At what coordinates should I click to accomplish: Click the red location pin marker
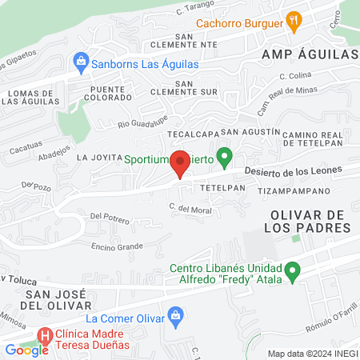click(181, 163)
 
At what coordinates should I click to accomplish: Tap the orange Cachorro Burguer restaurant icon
click(294, 22)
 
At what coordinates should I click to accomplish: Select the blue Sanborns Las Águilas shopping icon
click(80, 61)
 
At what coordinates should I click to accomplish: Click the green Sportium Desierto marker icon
click(226, 155)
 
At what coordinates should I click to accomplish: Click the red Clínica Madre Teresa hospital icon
click(46, 335)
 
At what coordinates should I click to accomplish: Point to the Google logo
click(26, 350)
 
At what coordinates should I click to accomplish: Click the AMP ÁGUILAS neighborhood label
click(308, 54)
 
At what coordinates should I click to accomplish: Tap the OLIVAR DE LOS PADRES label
click(311, 222)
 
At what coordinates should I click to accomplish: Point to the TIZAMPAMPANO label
click(294, 192)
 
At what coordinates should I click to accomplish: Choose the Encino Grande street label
click(117, 246)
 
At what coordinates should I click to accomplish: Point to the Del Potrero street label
click(110, 217)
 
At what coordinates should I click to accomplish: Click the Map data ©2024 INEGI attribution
click(313, 354)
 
